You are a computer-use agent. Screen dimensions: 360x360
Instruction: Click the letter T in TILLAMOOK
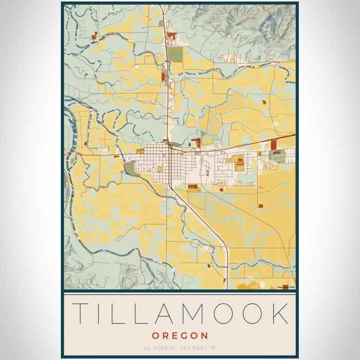(x=82, y=313)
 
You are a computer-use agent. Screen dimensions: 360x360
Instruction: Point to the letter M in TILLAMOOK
(x=206, y=313)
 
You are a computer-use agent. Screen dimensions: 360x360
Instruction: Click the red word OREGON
(x=180, y=336)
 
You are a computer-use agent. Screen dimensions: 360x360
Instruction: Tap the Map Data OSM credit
(x=286, y=287)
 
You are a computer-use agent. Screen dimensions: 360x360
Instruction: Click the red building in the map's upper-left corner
(x=95, y=36)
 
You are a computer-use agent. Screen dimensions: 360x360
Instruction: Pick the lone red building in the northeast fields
(x=264, y=103)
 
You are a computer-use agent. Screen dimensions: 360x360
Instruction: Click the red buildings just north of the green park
(x=171, y=37)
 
